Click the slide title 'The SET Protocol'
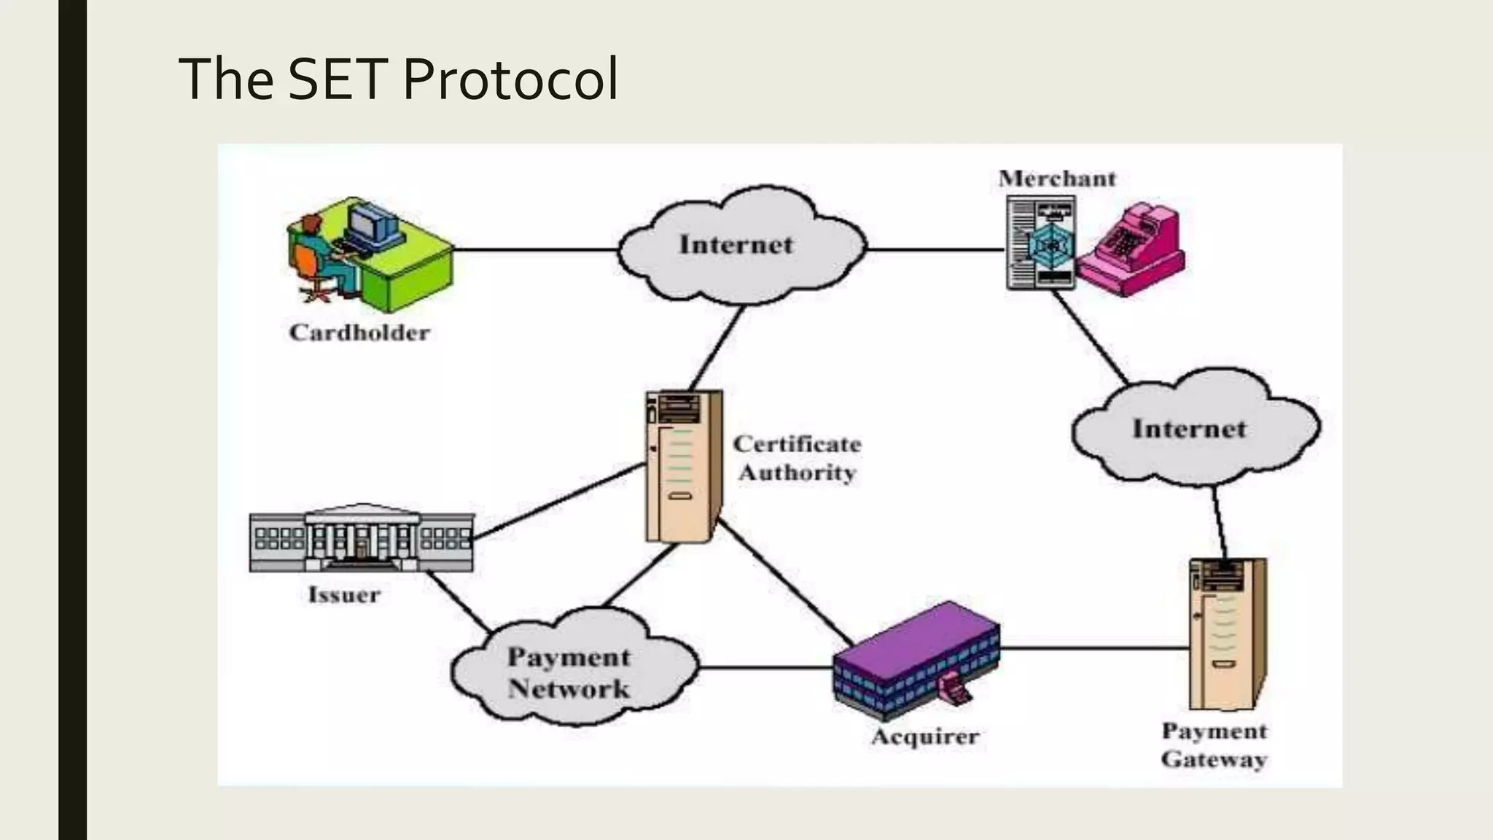pyautogui.click(x=398, y=79)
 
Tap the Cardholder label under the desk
pyautogui.click(x=359, y=333)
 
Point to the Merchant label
pyautogui.click(x=1057, y=179)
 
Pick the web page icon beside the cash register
pyautogui.click(x=1041, y=244)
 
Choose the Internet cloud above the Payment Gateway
pyautogui.click(x=1190, y=429)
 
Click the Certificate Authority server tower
pyautogui.click(x=682, y=467)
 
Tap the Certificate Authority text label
pyautogui.click(x=798, y=458)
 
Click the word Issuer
pyautogui.click(x=344, y=595)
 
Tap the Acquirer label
pyautogui.click(x=925, y=736)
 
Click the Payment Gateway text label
pyautogui.click(x=1214, y=744)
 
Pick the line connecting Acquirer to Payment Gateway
pyautogui.click(x=1094, y=647)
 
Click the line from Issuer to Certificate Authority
pyautogui.click(x=558, y=501)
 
